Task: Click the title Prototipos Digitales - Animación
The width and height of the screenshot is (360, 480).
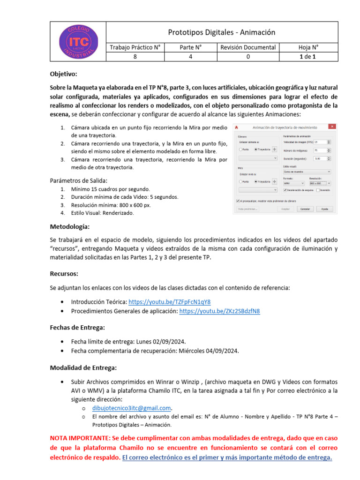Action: coord(222,32)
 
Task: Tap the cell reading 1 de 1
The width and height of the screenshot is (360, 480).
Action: coord(308,57)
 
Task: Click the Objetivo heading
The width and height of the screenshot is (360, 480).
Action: coord(63,74)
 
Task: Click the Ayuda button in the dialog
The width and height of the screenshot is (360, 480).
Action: coord(324,209)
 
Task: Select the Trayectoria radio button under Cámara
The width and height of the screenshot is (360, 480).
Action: coord(256,149)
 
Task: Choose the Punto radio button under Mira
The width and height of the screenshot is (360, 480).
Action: coord(240,181)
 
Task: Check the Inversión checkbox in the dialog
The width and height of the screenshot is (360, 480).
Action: coord(318,190)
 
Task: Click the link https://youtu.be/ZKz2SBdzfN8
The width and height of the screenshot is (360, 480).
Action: coord(219,311)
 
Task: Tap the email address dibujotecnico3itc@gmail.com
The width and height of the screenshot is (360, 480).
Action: coord(132,407)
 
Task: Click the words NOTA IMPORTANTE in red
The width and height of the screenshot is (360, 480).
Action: coord(80,438)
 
